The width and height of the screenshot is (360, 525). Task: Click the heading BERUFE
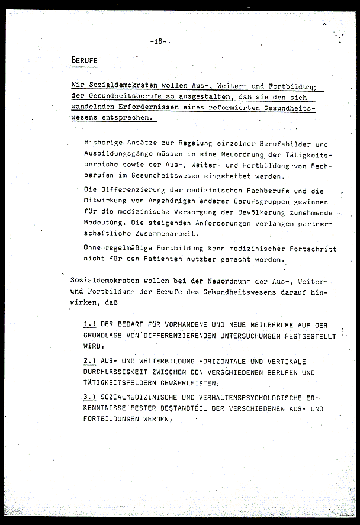coord(84,60)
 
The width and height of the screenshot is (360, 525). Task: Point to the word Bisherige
coord(104,144)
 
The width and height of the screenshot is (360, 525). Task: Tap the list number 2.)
coord(89,360)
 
